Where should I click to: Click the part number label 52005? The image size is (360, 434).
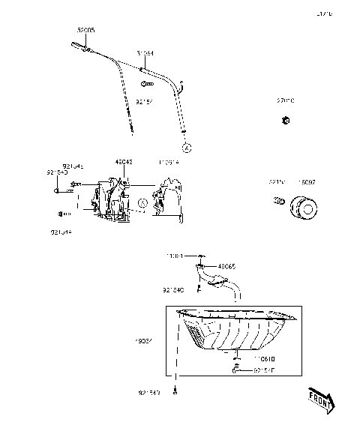(x=85, y=31)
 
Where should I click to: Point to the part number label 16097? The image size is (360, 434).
(x=307, y=181)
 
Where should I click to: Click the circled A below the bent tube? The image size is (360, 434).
(x=185, y=142)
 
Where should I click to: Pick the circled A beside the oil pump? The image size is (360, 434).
(x=142, y=202)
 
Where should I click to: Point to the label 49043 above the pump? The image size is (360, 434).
(x=124, y=161)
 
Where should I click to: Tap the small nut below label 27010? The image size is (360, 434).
(x=286, y=120)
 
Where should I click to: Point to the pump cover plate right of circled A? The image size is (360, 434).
(x=169, y=201)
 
